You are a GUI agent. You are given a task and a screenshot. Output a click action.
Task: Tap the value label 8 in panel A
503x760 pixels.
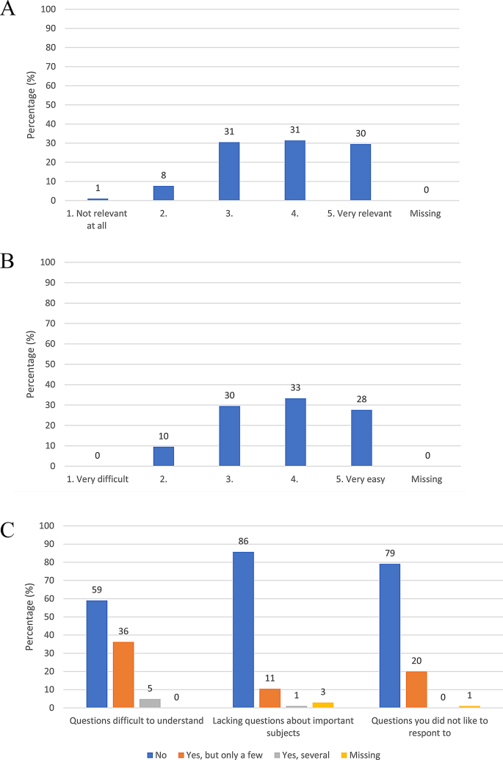point(164,176)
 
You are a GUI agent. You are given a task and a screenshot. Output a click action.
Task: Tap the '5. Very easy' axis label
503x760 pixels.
point(361,480)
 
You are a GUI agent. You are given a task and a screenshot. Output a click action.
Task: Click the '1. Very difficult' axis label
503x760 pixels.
point(98,480)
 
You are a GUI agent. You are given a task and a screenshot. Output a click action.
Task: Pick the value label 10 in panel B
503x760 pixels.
point(164,437)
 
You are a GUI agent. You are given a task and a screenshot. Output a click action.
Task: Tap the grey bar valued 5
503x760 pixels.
point(150,703)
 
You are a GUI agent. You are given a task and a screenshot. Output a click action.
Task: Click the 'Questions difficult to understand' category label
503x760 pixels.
point(137,721)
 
